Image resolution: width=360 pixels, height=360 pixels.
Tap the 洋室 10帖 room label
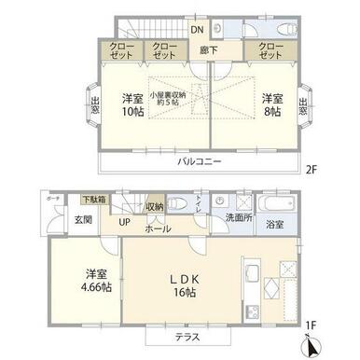[131, 105]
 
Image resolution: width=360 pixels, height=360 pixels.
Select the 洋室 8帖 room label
[270, 105]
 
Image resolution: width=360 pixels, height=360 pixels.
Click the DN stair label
[197, 29]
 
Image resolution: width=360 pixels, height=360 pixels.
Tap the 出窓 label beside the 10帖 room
[96, 105]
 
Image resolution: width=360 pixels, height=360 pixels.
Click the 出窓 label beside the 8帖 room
[303, 105]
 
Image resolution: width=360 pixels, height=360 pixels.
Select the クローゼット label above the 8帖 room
[264, 50]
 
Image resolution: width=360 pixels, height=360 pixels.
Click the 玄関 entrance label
[57, 220]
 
